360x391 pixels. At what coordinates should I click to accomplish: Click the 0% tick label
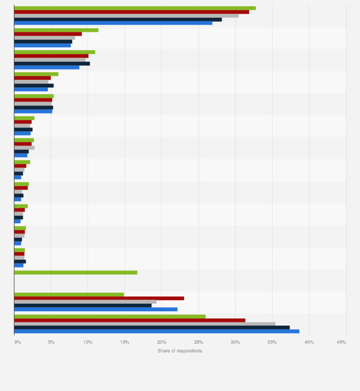17,342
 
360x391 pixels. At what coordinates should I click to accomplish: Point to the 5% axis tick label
51,342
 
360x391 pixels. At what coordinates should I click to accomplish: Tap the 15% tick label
125,342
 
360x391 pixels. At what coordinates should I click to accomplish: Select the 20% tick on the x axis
161,342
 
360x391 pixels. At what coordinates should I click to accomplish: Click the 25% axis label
198,342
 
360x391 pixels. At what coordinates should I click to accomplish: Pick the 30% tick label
235,342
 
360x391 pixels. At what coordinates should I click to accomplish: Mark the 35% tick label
272,342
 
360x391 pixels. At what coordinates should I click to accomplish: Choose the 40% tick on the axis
309,342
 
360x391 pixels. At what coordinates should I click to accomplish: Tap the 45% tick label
341,342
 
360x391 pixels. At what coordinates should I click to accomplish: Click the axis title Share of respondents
180,351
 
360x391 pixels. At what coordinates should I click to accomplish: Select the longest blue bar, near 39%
157,331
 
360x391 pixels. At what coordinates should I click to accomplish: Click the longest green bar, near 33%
135,8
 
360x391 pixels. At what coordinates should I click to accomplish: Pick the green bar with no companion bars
75,273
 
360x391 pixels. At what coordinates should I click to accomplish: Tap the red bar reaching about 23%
99,298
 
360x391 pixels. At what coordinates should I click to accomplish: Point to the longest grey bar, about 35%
145,324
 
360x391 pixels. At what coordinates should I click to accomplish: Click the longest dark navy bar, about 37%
152,328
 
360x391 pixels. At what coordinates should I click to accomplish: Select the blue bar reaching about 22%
95,309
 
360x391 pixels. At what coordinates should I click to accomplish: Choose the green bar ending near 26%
110,317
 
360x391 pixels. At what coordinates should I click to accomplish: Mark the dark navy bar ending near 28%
118,20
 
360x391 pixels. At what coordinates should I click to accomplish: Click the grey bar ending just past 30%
126,16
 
